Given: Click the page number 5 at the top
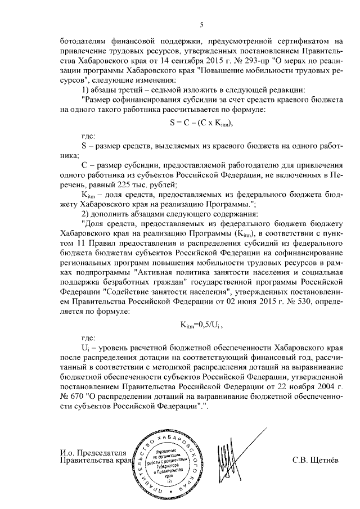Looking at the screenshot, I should tap(201, 24).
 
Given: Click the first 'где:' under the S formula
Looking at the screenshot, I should tap(89, 136).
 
